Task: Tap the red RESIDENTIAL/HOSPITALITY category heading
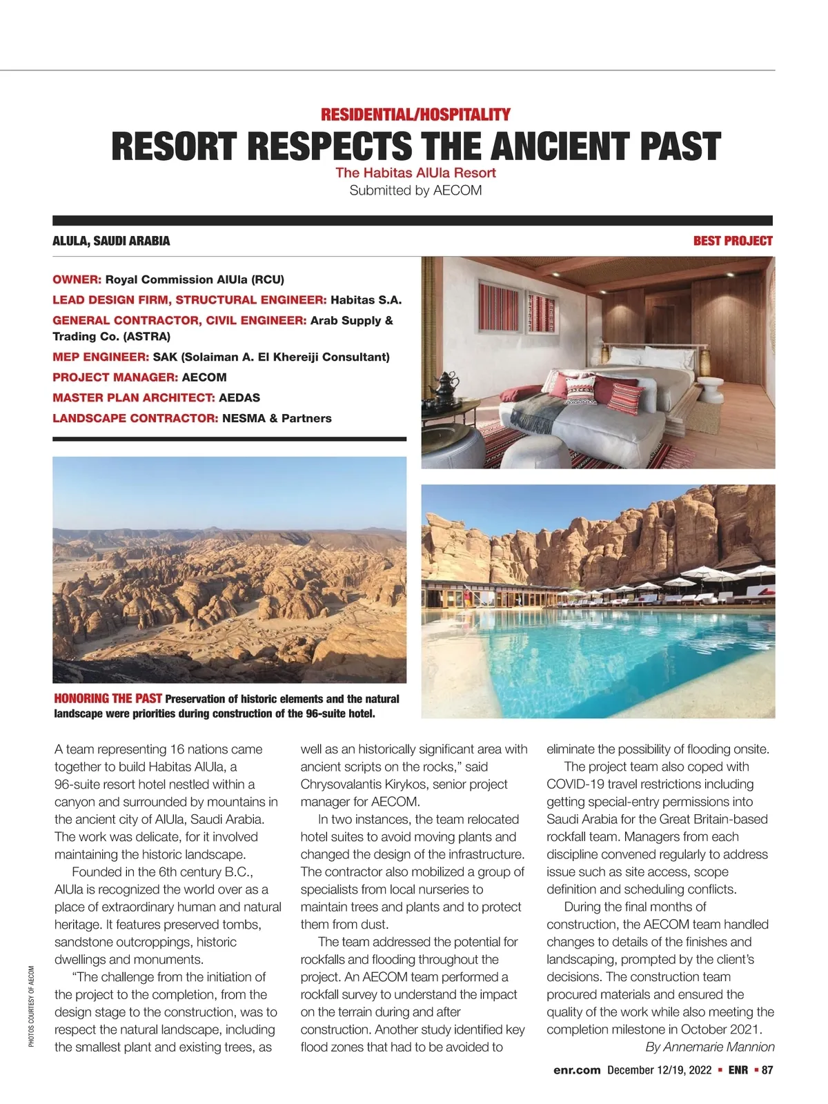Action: point(415,115)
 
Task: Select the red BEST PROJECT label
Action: point(732,241)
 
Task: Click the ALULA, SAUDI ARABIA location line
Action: point(111,241)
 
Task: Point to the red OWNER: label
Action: point(77,279)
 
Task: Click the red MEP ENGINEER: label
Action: point(101,357)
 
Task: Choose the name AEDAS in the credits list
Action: point(239,397)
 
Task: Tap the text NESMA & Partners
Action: point(277,418)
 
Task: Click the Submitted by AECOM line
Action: point(415,190)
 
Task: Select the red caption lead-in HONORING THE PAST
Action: point(108,698)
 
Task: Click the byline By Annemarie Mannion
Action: point(709,1047)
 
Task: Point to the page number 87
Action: point(767,1070)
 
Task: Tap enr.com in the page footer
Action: point(577,1070)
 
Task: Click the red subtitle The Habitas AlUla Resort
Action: point(415,172)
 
